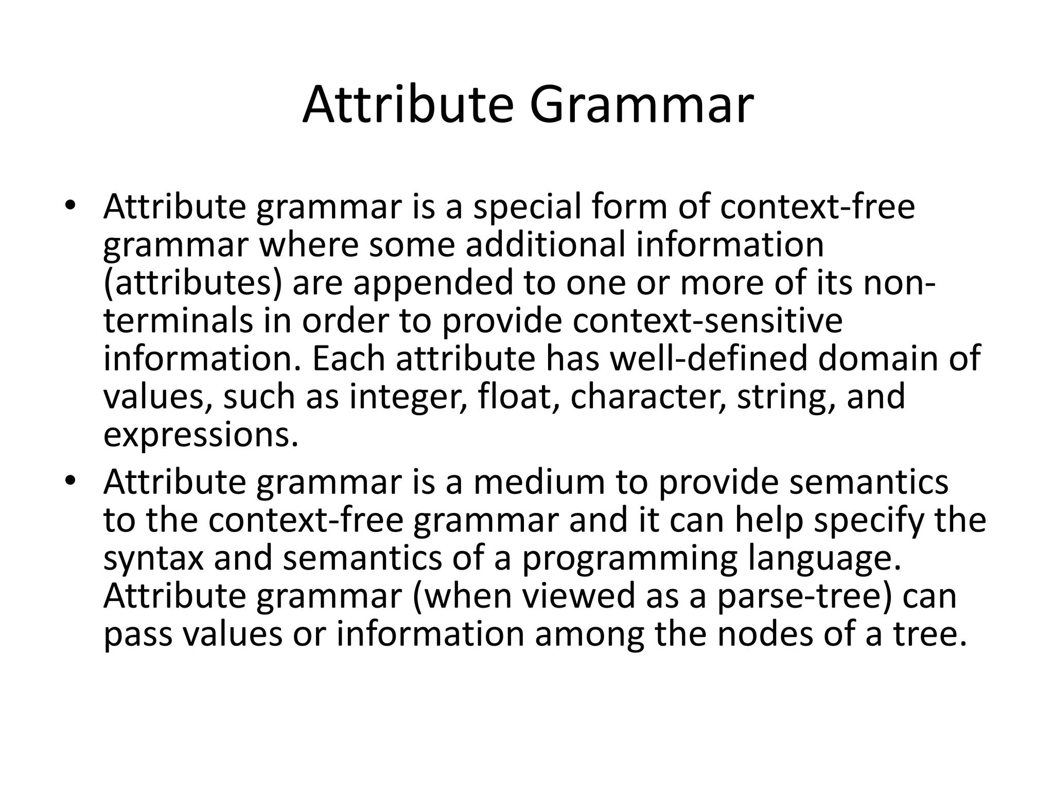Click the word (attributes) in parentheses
point(192,283)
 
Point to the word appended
point(432,283)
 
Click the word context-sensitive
point(707,320)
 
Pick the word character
point(648,397)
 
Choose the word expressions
point(201,436)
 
